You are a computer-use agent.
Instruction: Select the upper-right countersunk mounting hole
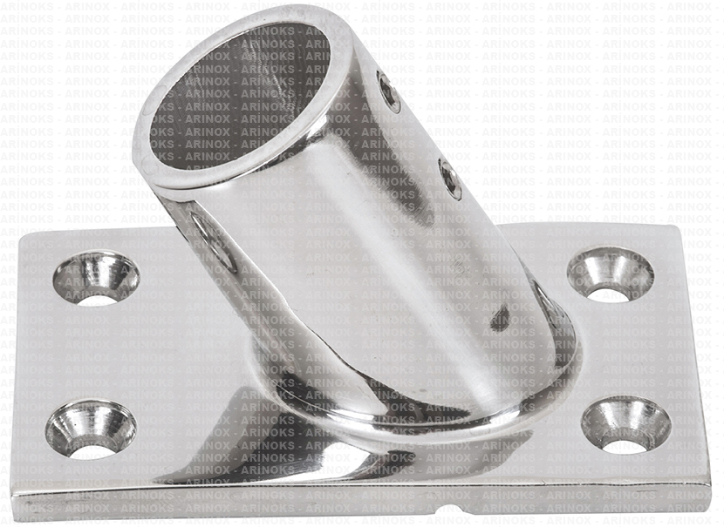[x=611, y=277]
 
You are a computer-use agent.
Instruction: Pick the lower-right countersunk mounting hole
[x=626, y=424]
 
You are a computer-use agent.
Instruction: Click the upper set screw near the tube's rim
[x=388, y=91]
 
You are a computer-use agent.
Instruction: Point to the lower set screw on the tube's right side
[x=450, y=179]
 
